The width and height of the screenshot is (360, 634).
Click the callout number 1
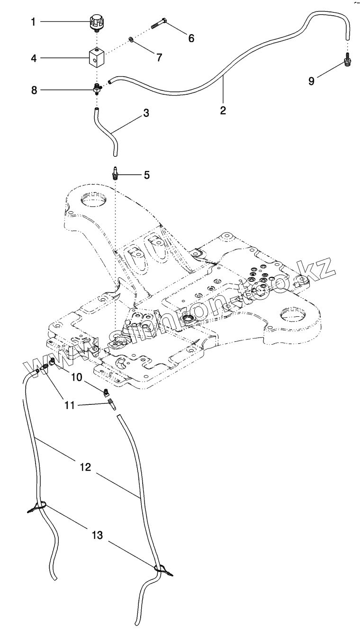(x=33, y=21)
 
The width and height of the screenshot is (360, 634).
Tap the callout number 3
(x=146, y=113)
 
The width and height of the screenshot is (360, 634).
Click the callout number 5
(x=146, y=175)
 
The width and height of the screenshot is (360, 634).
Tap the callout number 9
(x=311, y=80)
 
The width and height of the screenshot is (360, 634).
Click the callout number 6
(x=191, y=38)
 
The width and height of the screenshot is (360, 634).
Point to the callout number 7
(x=159, y=57)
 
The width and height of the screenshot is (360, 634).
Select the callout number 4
(x=33, y=58)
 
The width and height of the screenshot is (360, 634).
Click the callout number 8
(x=34, y=89)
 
